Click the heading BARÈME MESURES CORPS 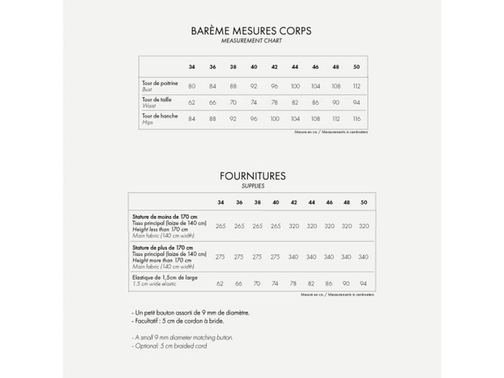coord(251,30)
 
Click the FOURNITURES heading coord(253,176)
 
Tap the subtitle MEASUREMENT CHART coord(251,41)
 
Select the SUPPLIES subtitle coord(253,186)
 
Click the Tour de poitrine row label coord(160,83)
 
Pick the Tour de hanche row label coord(160,116)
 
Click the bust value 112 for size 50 coord(357,86)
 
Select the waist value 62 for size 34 coord(192,103)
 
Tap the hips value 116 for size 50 coord(357,119)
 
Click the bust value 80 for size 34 coord(192,86)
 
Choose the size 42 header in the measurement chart coord(274,67)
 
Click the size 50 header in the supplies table coord(364,202)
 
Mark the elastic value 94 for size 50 coord(364,283)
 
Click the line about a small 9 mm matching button coord(183,338)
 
